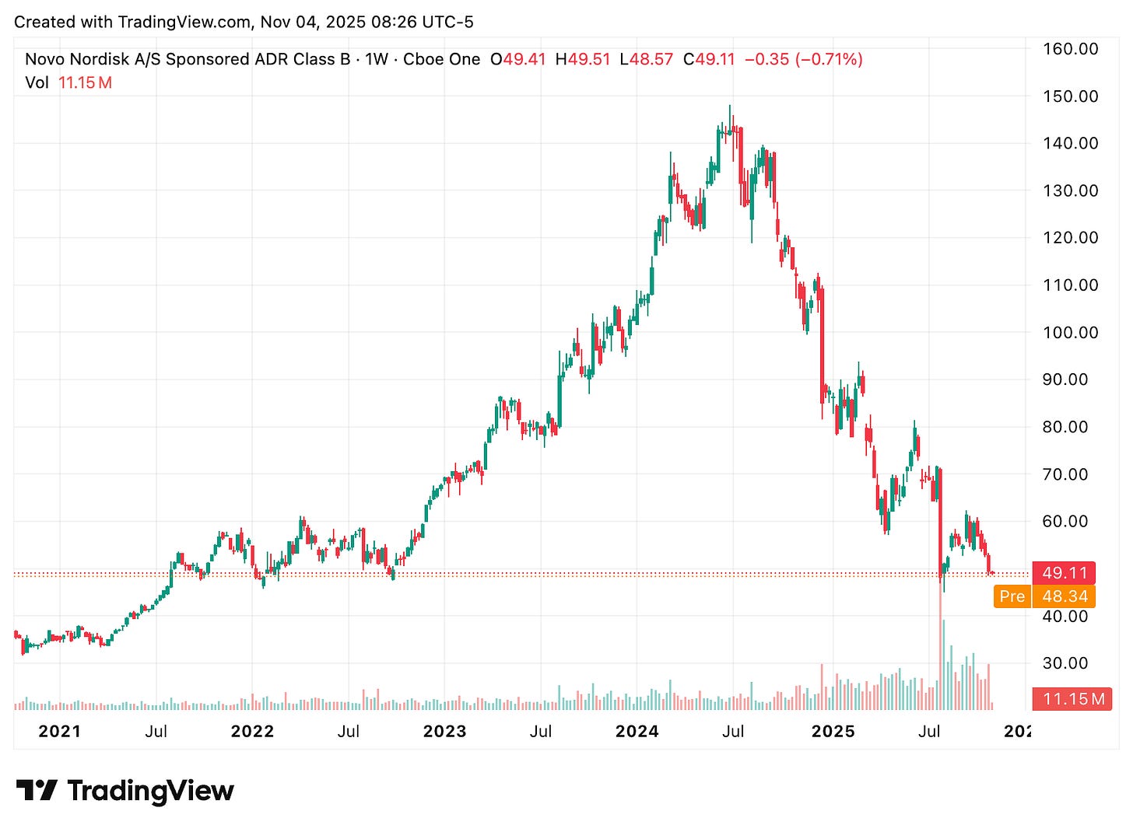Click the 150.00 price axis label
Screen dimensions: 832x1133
point(1070,96)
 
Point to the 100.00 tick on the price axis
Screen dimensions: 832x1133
point(1070,333)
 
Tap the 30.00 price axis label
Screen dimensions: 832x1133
point(1065,663)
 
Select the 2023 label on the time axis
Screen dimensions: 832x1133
point(444,731)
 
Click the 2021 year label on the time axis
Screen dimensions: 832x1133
point(59,731)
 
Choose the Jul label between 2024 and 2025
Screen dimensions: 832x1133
point(732,731)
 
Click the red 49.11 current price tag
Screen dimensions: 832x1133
point(1064,573)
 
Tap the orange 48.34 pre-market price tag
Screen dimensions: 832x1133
point(1065,596)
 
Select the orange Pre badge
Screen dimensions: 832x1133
point(1012,596)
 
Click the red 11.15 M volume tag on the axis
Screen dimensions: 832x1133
point(1073,699)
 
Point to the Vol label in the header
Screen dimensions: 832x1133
point(37,82)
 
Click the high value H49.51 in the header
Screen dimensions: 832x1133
point(582,59)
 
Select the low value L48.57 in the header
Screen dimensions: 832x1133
point(646,59)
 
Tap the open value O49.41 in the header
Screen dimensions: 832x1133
point(518,59)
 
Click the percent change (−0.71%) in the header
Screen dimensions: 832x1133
point(829,59)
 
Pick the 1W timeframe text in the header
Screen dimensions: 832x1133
point(377,59)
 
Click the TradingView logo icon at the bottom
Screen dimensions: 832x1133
point(37,791)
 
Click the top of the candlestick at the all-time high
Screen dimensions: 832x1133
point(730,107)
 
